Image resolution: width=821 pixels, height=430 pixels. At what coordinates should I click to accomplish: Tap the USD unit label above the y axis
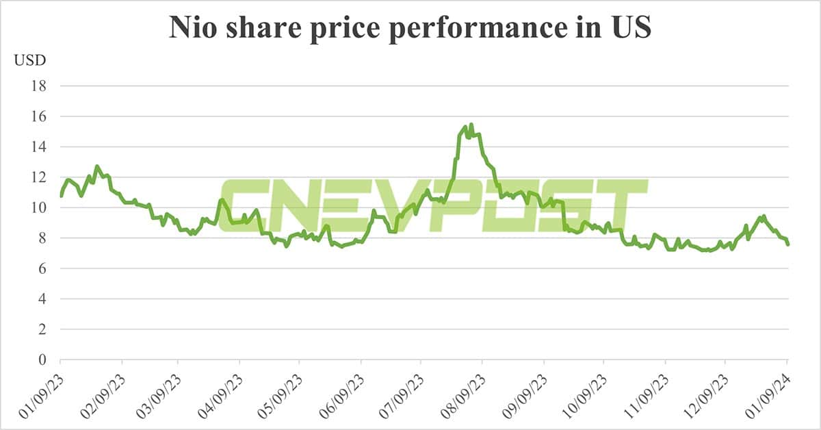click(30, 60)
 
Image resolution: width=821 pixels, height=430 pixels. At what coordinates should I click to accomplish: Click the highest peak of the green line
click(471, 125)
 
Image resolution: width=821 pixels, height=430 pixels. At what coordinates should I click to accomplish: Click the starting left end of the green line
click(61, 196)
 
